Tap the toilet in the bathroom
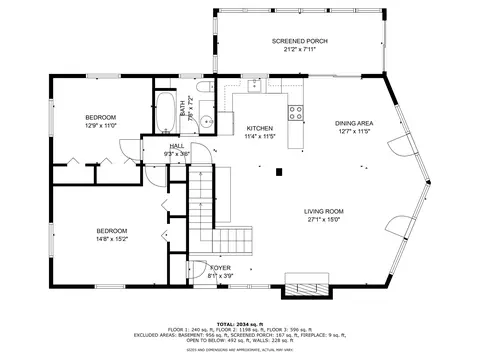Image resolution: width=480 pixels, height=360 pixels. (x=204, y=93)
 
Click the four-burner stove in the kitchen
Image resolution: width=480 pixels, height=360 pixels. (x=296, y=112)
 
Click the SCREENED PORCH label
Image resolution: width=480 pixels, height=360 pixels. (x=299, y=41)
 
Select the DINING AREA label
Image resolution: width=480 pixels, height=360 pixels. (x=353, y=123)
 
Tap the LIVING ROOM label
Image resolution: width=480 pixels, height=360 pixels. (x=324, y=211)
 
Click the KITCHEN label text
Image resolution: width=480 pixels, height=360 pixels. (x=260, y=128)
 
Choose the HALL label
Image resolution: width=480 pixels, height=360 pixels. (x=176, y=146)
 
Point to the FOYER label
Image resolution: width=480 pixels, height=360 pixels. (x=220, y=268)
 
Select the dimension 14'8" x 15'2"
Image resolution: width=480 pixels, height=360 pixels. (x=112, y=238)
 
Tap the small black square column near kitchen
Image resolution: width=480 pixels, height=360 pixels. (x=279, y=171)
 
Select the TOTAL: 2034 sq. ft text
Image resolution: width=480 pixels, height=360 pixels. (x=240, y=319)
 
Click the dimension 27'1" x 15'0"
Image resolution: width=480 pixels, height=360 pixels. (x=324, y=220)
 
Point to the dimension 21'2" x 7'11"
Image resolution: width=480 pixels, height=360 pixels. (x=299, y=49)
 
